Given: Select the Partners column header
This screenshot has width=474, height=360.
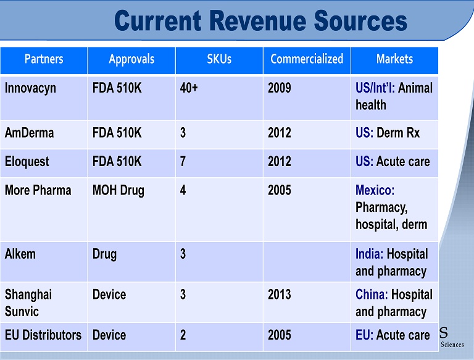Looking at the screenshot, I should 44,60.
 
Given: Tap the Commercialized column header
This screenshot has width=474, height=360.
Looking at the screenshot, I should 307,60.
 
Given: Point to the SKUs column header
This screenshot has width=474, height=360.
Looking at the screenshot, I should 219,60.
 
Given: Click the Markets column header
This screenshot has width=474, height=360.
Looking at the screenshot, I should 394,60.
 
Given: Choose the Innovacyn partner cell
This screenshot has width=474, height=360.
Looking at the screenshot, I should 30,88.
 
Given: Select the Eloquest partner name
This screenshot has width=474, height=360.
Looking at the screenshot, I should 27,162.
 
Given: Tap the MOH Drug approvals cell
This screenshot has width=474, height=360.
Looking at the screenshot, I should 118,190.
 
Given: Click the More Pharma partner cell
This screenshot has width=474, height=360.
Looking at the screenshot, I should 38,190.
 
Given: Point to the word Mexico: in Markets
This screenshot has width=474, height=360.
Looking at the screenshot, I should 375,190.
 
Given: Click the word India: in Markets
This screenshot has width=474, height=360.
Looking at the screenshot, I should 370,254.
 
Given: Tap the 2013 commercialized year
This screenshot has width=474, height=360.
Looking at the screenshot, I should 280,295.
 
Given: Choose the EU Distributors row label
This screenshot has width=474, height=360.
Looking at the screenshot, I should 43,335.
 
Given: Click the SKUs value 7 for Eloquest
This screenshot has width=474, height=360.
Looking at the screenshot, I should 183,162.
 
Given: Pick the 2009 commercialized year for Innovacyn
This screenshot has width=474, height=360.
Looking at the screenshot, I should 280,88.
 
